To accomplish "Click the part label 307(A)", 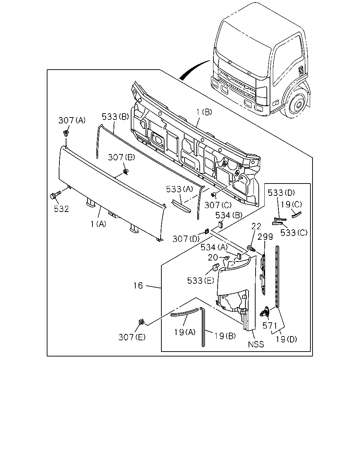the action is (x=72, y=120).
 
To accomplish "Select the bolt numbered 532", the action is (x=55, y=195).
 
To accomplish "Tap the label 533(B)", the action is (x=115, y=117).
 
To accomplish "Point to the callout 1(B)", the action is (x=204, y=112).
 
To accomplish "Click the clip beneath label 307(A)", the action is (x=66, y=133).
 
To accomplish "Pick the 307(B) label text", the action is (x=121, y=157).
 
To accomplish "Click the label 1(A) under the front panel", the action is (x=98, y=224).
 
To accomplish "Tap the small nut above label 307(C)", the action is (x=213, y=195).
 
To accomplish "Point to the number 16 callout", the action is (x=138, y=285).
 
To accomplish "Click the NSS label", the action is (x=256, y=345).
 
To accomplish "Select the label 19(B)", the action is (x=225, y=336).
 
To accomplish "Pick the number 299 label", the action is (x=265, y=237).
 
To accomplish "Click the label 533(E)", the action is (x=201, y=281).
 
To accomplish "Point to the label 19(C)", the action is (x=291, y=204).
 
